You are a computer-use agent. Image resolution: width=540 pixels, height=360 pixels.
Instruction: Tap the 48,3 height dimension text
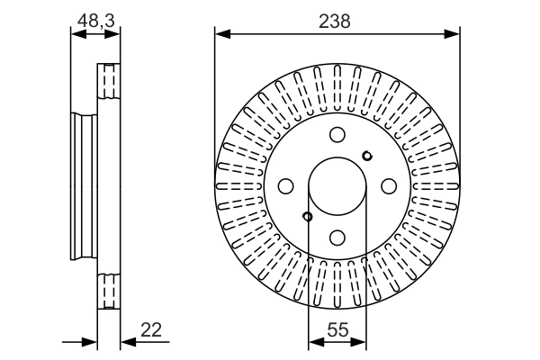95,19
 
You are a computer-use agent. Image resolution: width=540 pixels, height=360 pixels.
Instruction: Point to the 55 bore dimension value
337,330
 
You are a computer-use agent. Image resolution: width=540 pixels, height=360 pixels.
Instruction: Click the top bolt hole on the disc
337,135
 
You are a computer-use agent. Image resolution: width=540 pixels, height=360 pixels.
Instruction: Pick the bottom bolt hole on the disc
337,238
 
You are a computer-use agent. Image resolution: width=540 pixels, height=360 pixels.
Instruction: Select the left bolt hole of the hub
286,186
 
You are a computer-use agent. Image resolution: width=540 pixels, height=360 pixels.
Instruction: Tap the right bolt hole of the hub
389,186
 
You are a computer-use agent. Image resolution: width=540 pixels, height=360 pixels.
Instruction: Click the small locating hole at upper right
366,157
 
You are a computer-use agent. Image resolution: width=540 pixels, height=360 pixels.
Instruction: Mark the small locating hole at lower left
308,216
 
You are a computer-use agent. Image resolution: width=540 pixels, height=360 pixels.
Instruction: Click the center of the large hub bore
337,186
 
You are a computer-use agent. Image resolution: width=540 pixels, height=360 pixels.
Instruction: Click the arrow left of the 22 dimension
89,342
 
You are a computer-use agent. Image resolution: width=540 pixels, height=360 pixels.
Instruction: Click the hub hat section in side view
84,186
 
